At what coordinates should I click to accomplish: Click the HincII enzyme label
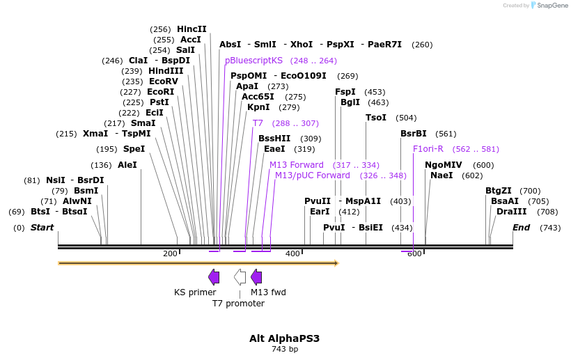191,29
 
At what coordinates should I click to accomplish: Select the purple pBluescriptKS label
253,61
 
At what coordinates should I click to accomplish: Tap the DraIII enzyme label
507,212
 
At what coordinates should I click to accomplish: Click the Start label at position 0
42,228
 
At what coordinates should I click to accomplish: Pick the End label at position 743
521,228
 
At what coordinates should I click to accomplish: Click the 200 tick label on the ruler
170,253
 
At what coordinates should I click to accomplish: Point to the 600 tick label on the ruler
414,253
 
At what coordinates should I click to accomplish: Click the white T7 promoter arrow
240,277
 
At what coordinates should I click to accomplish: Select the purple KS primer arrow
214,277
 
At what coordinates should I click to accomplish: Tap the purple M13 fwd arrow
256,277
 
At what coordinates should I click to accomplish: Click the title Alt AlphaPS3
284,338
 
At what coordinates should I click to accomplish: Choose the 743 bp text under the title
284,349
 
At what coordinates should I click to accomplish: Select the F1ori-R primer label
428,149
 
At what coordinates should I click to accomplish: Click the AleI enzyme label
127,165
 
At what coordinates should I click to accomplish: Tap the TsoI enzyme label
376,118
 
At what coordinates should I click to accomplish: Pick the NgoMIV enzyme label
444,165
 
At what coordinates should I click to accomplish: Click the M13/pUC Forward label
313,175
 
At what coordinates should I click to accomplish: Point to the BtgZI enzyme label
499,191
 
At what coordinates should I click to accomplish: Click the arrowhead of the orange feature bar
336,263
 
